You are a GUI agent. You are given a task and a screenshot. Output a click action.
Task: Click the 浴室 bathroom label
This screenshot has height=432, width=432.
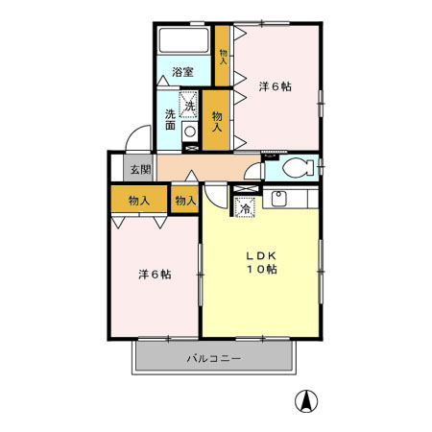(x=182, y=72)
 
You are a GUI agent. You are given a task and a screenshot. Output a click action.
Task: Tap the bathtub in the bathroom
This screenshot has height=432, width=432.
(x=184, y=40)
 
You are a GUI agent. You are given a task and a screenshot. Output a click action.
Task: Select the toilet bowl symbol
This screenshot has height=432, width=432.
(x=299, y=167)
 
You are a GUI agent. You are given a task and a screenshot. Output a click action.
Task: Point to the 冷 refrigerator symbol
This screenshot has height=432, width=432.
(x=246, y=207)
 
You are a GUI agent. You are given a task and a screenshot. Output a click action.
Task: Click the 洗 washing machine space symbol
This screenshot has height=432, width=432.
(x=188, y=105)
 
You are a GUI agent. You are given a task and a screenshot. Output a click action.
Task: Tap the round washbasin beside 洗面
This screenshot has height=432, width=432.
(x=190, y=132)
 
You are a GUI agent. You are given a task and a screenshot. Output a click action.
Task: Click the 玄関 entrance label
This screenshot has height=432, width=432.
(x=140, y=169)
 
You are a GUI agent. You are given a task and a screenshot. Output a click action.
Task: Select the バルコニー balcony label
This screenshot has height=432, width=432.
(x=214, y=358)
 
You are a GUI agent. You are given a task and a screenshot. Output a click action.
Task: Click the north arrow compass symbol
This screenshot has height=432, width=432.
(x=306, y=401)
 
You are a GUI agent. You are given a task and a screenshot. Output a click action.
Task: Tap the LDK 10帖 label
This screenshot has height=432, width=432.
(x=261, y=262)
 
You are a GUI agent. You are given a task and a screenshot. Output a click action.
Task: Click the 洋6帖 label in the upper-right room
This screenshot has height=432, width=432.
(x=276, y=86)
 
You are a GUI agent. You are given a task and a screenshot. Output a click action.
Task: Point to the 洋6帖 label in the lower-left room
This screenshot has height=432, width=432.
(x=155, y=275)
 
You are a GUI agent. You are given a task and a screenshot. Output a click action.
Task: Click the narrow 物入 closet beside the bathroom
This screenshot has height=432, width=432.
(x=222, y=56)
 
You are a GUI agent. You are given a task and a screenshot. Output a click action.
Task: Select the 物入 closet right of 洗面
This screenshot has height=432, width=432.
(x=216, y=120)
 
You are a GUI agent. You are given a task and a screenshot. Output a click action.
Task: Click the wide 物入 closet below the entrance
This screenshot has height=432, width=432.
(x=139, y=199)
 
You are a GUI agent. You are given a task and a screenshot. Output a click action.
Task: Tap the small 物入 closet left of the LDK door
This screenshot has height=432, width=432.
(x=185, y=200)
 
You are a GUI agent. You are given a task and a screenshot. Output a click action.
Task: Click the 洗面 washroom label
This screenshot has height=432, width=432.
(x=170, y=120)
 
